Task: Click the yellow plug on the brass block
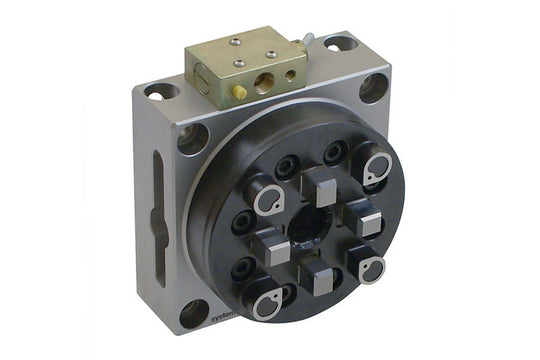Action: click(x=240, y=91)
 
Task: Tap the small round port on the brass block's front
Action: click(x=289, y=74)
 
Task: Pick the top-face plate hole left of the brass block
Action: click(x=159, y=92)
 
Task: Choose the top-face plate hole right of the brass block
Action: click(x=340, y=44)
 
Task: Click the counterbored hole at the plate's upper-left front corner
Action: click(x=193, y=137)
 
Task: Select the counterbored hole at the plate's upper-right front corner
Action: click(x=374, y=88)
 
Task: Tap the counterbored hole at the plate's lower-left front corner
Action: click(x=194, y=313)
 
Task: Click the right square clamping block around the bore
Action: click(x=366, y=220)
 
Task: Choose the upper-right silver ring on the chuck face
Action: click(x=377, y=170)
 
